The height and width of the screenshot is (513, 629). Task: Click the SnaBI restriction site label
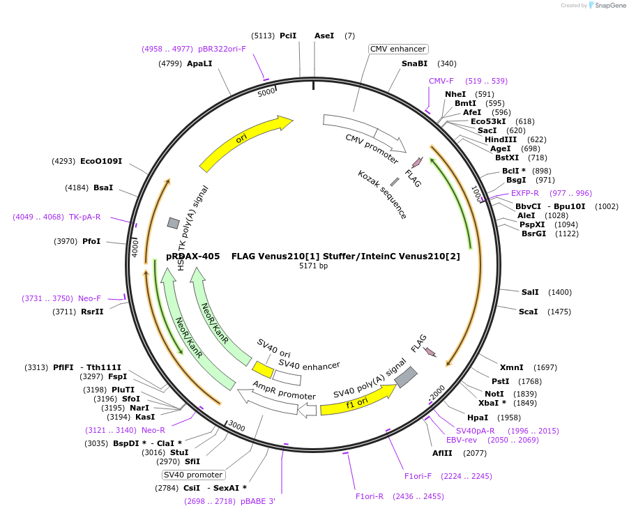(414, 63)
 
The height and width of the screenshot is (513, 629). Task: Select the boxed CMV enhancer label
(397, 49)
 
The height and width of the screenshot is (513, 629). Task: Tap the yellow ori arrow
(244, 142)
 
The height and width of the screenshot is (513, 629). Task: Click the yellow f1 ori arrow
(357, 401)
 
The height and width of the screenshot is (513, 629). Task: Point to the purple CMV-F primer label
(441, 81)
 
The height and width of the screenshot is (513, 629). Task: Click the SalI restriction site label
(530, 292)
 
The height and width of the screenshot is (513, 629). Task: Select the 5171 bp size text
(313, 266)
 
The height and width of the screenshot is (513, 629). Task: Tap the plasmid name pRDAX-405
(193, 256)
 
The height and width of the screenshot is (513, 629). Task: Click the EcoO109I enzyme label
(101, 161)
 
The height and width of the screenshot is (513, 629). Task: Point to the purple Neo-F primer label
(89, 298)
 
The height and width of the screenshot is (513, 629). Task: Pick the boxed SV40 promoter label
(192, 475)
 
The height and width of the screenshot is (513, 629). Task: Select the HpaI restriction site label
(478, 418)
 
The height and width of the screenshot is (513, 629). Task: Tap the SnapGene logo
(605, 6)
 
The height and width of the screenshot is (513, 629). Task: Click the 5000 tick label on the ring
(266, 92)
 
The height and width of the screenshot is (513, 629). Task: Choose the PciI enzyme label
(288, 35)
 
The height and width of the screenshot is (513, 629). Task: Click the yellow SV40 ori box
(263, 369)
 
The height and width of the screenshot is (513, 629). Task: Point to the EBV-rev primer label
(462, 440)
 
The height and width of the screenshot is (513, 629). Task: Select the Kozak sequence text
(382, 194)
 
